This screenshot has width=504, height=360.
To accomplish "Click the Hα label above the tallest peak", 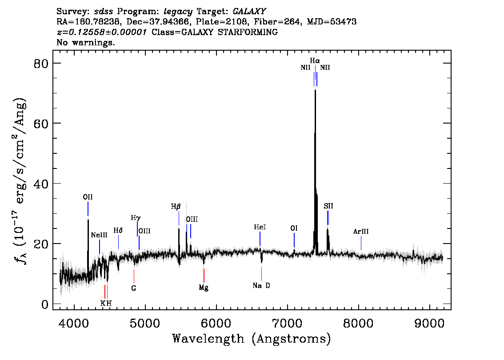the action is [x=315, y=61].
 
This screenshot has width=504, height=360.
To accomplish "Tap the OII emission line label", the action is [x=88, y=197].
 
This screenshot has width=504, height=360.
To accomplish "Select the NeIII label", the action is [x=99, y=235].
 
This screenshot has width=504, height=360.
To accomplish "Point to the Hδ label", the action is [x=118, y=231].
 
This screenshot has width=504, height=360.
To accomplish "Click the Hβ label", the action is [x=176, y=207].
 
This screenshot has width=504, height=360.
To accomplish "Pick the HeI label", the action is [x=260, y=227].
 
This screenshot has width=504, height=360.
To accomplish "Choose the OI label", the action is [x=294, y=228].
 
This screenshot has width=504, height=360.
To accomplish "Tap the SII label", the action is [x=328, y=206].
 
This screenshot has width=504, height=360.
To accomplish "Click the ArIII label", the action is [x=360, y=232].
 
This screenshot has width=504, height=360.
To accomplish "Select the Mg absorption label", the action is [x=204, y=288].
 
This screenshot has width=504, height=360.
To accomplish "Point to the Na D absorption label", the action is [x=261, y=285].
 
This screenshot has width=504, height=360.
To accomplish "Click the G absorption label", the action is [x=134, y=288].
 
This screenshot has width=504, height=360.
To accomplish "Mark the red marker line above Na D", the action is [x=262, y=273].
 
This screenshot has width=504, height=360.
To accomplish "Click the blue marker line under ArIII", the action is [x=361, y=243].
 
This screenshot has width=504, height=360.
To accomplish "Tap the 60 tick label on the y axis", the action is [x=41, y=124].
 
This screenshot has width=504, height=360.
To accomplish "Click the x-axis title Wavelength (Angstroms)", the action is [x=252, y=339].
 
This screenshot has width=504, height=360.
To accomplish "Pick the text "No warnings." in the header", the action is [x=85, y=42].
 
